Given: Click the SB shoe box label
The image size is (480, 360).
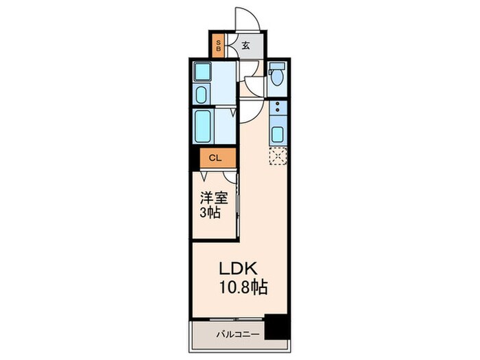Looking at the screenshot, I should coord(219,47).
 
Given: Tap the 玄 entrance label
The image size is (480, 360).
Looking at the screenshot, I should coord(245,46).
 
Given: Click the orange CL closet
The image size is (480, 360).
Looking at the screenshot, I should coord(215,158).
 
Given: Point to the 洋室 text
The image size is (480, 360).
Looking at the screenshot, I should coord(213,197).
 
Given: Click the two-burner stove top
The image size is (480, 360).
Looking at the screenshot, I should coord(278,108).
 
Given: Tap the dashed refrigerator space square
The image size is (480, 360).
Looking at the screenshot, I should coord(278,157).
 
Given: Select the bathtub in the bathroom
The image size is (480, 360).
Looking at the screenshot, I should coord(205,125).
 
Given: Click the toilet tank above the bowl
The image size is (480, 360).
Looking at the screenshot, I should coord(276,68).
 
